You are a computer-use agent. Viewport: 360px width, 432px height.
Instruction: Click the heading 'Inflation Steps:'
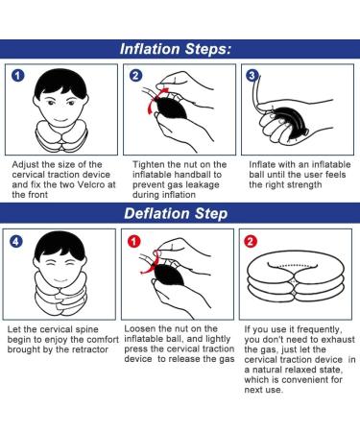pos(176,49)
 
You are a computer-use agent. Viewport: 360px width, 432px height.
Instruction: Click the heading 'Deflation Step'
pos(176,214)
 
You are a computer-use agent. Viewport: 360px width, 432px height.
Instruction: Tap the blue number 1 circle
pos(18,76)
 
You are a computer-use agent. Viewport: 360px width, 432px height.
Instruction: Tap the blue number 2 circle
pos(135,76)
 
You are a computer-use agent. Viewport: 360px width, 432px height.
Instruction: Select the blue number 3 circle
pos(252,76)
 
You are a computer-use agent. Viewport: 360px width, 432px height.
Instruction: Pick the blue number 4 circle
pos(16,241)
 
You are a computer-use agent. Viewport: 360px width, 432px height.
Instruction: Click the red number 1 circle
pos(133,241)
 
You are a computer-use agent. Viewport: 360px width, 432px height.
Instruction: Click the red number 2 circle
pos(251,241)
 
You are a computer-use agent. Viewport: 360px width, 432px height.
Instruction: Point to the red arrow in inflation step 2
pos(153,99)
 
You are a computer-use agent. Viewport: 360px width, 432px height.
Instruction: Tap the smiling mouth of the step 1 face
pos(60,121)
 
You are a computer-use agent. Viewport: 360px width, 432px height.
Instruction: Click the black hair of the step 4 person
pos(60,245)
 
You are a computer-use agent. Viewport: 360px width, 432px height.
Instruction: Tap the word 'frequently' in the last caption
pos(316,329)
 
